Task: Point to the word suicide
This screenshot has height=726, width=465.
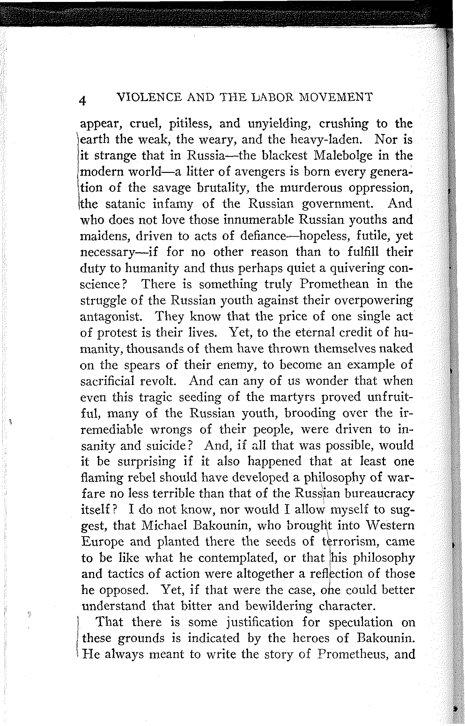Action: point(171,446)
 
